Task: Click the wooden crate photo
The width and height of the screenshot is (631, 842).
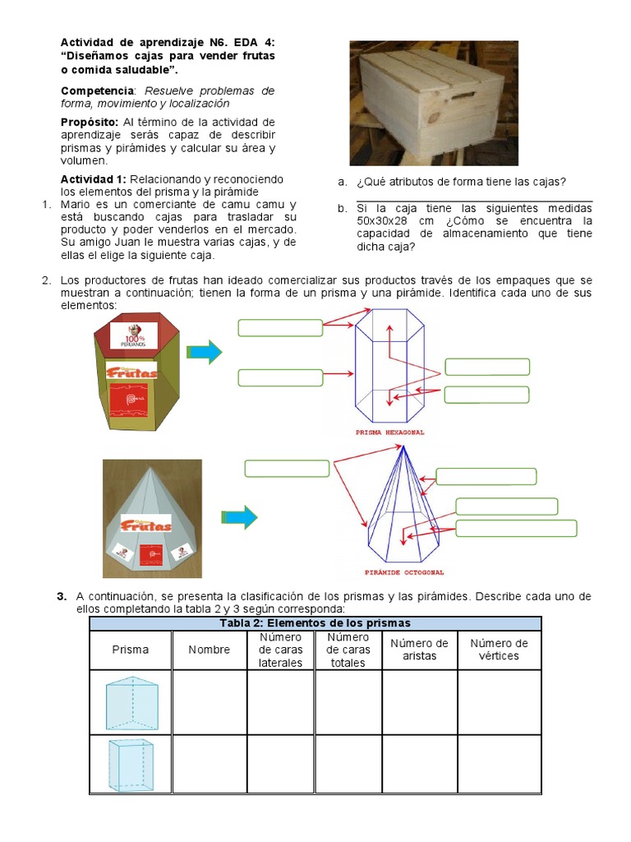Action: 433,102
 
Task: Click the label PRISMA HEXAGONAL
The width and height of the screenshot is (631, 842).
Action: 389,432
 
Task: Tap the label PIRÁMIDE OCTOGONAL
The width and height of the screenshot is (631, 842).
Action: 404,572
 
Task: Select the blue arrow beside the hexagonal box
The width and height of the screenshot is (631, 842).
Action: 205,352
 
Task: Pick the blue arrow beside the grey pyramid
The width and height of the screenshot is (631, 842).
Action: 239,517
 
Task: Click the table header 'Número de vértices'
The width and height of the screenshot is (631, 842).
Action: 499,650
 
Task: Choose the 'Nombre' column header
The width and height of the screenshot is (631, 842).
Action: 209,650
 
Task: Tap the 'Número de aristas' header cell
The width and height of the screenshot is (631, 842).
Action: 419,650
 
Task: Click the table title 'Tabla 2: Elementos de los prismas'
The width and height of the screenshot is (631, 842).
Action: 315,623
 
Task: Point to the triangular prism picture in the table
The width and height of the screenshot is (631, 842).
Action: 131,701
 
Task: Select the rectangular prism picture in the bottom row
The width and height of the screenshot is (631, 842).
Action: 131,764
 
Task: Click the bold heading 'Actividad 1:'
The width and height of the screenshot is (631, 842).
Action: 94,179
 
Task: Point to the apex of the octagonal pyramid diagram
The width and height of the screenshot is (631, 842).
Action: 403,446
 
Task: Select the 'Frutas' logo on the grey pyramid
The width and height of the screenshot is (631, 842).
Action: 145,523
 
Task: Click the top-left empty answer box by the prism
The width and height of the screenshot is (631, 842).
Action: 280,328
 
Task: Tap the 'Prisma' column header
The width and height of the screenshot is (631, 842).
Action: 131,650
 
